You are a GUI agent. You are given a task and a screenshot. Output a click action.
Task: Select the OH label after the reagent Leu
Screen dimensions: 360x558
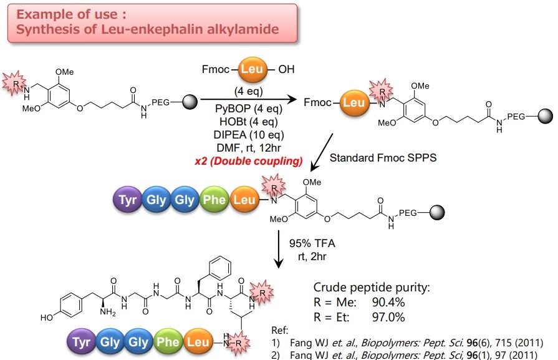(286, 69)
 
